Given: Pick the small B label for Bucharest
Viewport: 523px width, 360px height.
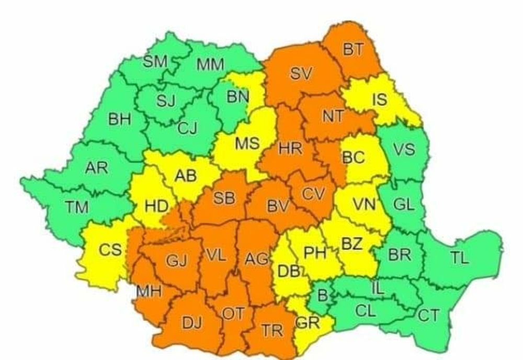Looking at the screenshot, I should pos(322,296).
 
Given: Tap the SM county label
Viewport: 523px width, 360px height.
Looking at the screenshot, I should pos(155,62).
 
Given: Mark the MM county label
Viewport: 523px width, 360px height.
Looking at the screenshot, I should pos(210,65).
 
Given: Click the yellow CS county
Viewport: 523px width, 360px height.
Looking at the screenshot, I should pos(110,250).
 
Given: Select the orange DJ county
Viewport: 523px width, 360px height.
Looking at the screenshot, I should pos(191,322).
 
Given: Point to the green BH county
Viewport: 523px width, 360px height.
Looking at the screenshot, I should pos(120,119).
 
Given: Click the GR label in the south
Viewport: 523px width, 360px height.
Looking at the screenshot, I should pos(307,323).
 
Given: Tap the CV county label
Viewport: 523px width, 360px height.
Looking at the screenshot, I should pos(313,194).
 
